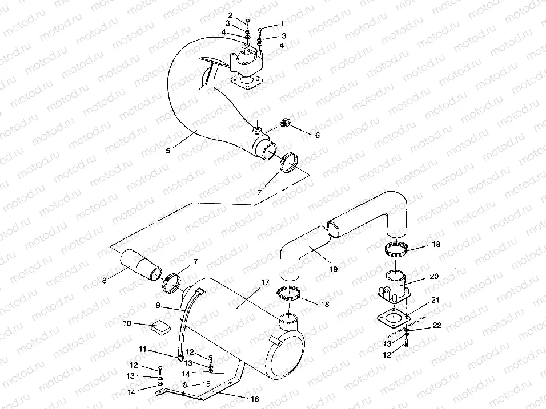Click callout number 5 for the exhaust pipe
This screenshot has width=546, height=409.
(x=168, y=150)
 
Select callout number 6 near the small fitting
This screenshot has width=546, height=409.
(x=317, y=135)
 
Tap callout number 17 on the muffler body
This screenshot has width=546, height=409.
(x=265, y=282)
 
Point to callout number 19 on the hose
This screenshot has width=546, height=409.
(x=333, y=269)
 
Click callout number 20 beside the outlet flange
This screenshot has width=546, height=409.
(x=434, y=276)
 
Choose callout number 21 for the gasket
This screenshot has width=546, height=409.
(x=435, y=300)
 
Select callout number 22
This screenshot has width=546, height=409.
(x=437, y=325)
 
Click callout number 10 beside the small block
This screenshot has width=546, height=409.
(x=127, y=323)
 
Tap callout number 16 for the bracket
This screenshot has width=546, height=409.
(x=255, y=399)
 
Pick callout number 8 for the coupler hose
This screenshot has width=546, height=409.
(x=104, y=280)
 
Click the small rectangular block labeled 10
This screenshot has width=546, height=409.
(x=160, y=327)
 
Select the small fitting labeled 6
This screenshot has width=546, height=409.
(x=285, y=123)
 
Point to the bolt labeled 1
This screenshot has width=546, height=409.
(x=261, y=31)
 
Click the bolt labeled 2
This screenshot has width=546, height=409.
(x=247, y=23)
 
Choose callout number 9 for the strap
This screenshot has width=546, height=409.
(x=158, y=305)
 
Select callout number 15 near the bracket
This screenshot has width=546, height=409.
(x=206, y=383)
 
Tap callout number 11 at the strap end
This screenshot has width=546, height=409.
(x=143, y=349)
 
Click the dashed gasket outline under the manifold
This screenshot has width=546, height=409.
(x=247, y=83)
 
